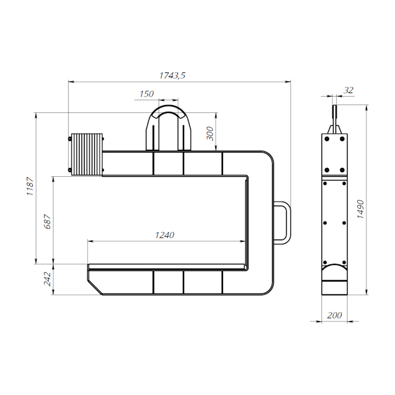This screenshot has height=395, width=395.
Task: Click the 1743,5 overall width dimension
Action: (x=173, y=75)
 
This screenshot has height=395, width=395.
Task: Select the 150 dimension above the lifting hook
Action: (x=146, y=94)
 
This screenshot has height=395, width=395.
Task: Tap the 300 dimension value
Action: (x=210, y=134)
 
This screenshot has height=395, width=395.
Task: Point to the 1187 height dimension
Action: (x=30, y=186)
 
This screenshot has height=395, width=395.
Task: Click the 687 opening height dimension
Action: (x=47, y=221)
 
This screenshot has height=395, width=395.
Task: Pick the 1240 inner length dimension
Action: (x=165, y=235)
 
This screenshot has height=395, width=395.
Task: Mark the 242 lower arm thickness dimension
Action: (x=47, y=279)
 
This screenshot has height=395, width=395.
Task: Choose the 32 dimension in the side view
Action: (x=349, y=90)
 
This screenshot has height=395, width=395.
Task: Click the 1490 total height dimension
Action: (x=360, y=209)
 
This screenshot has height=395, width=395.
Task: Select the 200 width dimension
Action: (x=335, y=315)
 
